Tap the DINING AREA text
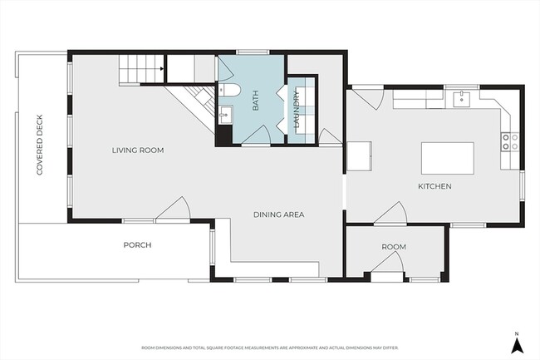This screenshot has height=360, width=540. click(278, 215)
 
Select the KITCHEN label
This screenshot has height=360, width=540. click(435, 187)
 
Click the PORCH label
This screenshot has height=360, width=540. click(137, 245)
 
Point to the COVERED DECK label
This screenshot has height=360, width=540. click(39, 145)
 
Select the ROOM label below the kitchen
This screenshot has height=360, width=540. click(394, 248)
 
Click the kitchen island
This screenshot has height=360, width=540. click(448, 156)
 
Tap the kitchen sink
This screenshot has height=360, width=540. click(462, 99)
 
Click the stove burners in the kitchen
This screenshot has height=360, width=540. click(509, 142)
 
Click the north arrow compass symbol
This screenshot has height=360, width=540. click(516, 338)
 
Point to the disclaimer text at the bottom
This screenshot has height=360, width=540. click(270, 348)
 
